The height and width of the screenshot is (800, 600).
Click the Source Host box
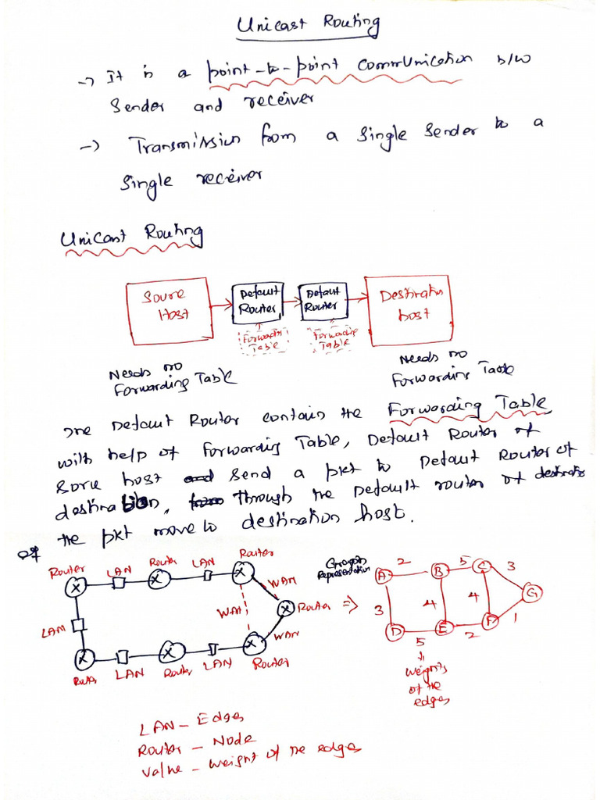coord(169,309)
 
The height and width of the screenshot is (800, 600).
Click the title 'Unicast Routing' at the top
coord(309,25)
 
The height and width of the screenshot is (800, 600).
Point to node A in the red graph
coord(383,576)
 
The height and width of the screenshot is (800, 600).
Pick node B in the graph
coord(438,573)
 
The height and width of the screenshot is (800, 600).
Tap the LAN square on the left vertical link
coord(77,625)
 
